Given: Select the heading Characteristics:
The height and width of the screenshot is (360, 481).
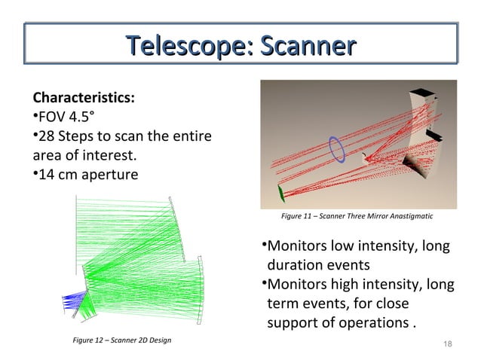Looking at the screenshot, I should pyautogui.click(x=84, y=98).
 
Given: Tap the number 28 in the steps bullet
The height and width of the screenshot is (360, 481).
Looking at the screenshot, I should pyautogui.click(x=44, y=137).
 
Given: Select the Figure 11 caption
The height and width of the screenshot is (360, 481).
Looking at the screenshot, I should pyautogui.click(x=357, y=217).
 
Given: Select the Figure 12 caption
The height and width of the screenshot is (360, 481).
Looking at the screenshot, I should pyautogui.click(x=121, y=341).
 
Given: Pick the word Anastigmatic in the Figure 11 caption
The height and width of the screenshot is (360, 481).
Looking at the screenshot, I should pyautogui.click(x=412, y=217).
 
